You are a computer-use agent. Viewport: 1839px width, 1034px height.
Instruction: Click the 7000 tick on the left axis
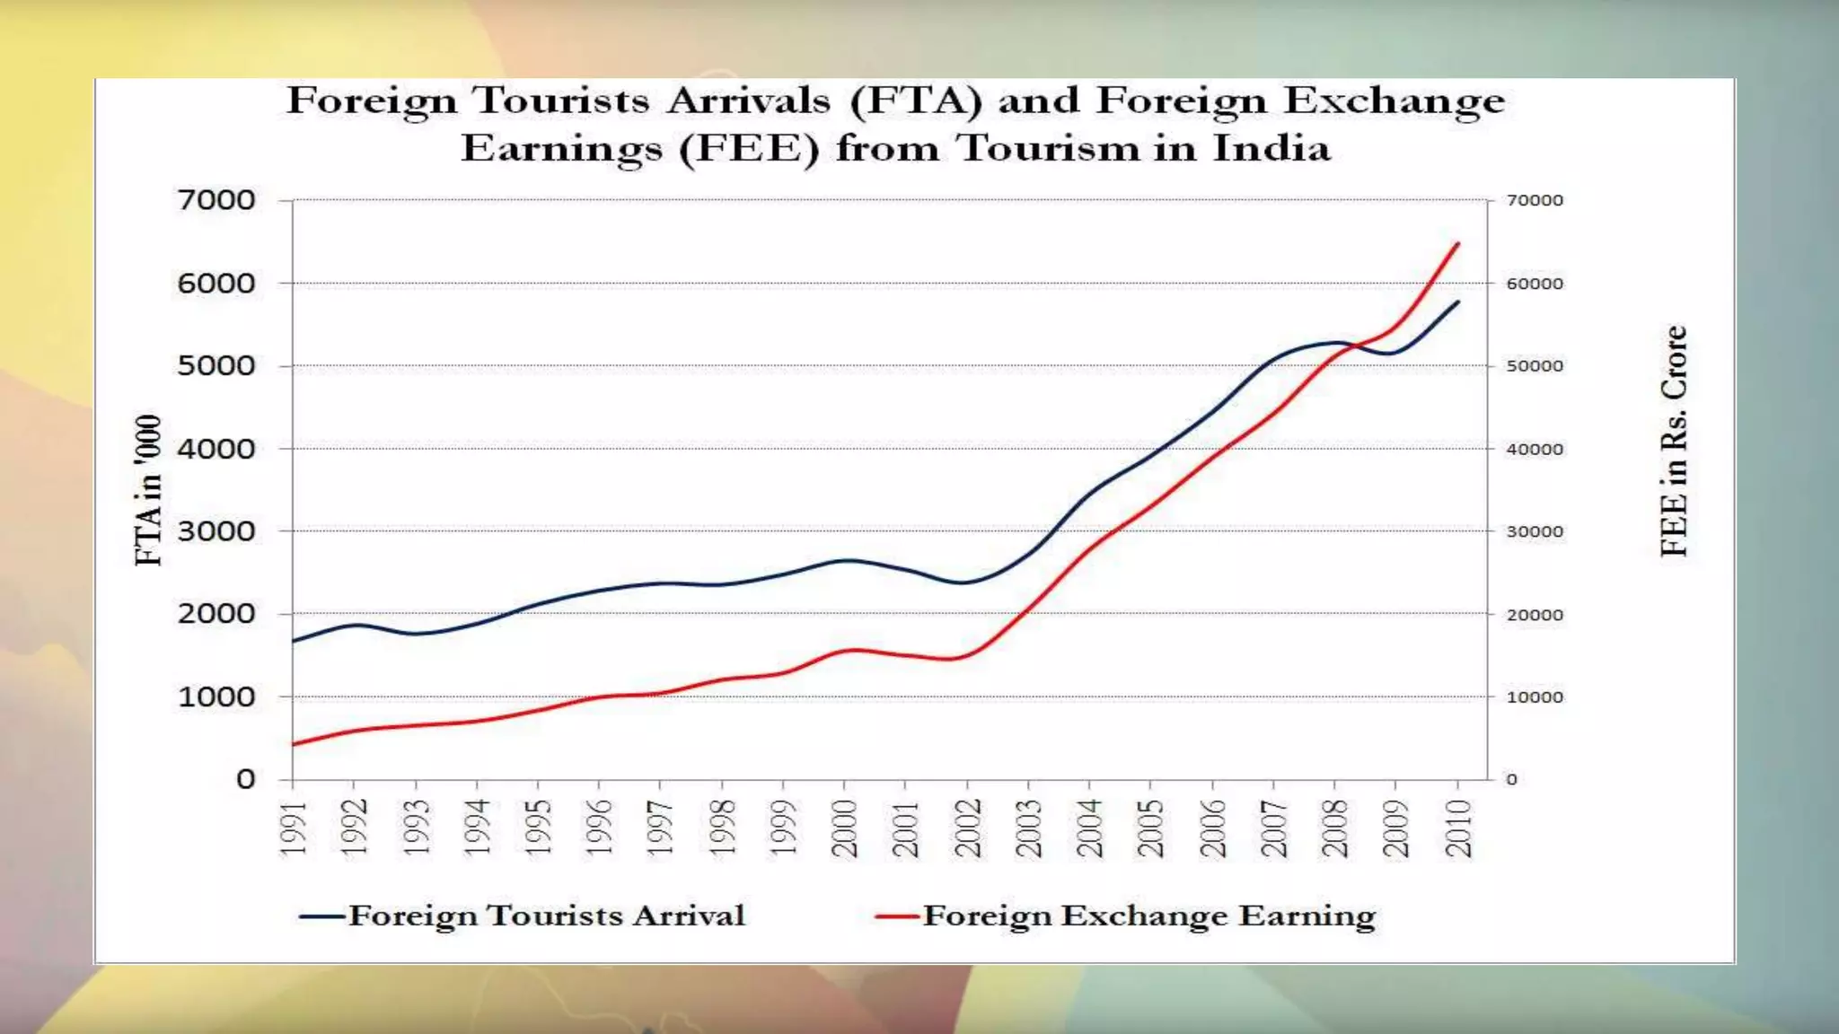point(216,200)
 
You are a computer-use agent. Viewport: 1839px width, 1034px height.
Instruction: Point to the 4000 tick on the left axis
point(216,449)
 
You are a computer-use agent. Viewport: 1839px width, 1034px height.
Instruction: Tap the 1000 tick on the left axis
point(216,697)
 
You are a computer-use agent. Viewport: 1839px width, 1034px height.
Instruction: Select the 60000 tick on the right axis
point(1535,284)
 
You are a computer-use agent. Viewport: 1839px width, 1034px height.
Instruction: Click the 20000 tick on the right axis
point(1535,615)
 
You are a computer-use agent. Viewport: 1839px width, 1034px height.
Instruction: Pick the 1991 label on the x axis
point(294,828)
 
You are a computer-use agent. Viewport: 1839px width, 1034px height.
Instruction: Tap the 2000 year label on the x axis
point(845,828)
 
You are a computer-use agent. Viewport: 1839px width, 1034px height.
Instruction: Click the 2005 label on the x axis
point(1151,828)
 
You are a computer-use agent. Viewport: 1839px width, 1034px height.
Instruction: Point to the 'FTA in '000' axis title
point(148,490)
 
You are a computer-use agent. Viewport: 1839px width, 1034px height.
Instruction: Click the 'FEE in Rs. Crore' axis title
point(1674,441)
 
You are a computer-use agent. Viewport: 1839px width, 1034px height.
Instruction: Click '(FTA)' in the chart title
point(916,101)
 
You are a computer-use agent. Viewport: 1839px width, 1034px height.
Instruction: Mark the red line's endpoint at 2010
point(1458,243)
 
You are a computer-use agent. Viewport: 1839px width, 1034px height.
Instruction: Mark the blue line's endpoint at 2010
point(1458,302)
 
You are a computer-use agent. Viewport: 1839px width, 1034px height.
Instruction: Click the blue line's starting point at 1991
point(294,641)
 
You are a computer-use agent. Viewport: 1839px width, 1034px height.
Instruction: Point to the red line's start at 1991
point(294,744)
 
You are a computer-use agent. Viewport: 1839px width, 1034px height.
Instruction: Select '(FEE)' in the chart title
point(749,148)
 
